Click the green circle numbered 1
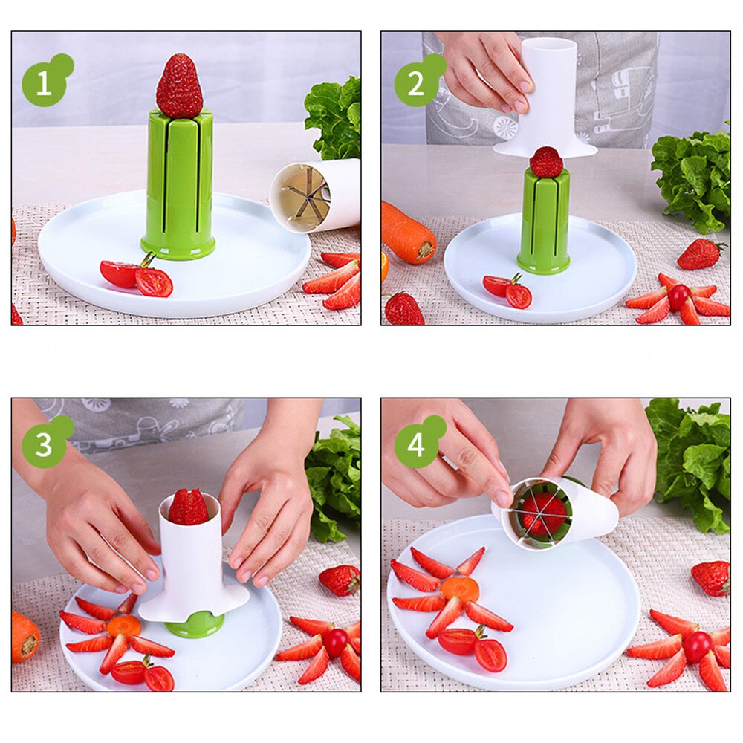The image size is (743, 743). [44, 84]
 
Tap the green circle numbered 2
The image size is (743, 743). [416, 84]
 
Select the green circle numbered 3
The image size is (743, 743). [44, 445]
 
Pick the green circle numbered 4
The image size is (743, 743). [416, 445]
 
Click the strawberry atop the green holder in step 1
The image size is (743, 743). [179, 87]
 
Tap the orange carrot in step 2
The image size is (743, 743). [408, 233]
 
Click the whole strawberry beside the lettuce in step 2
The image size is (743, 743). [699, 254]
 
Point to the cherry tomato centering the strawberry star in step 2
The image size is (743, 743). [678, 297]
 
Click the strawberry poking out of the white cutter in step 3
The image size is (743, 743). [188, 507]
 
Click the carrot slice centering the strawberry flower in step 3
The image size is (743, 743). [123, 626]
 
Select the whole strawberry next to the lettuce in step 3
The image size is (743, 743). [340, 580]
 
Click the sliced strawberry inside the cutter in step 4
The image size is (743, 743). [543, 513]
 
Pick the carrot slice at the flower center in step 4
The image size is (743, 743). [459, 590]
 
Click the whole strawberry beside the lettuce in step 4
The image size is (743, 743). [711, 578]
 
